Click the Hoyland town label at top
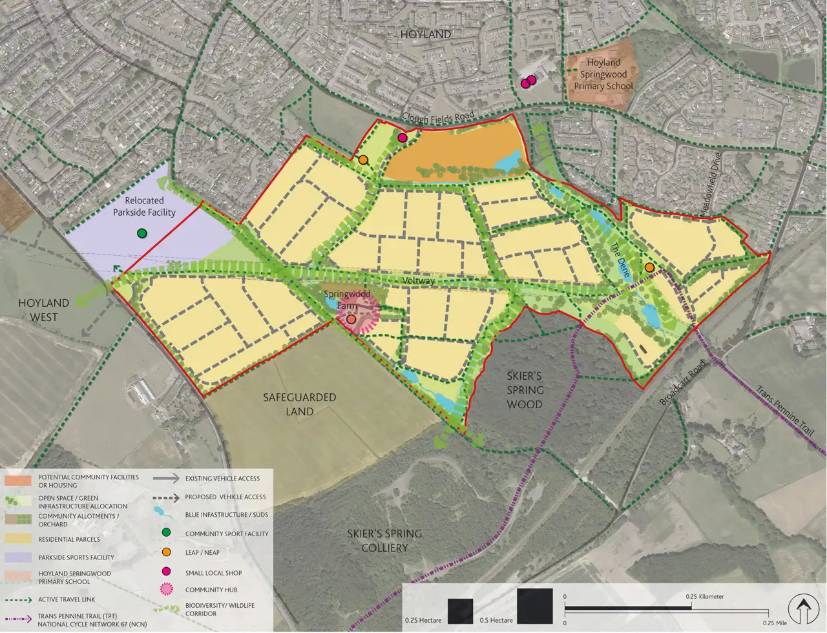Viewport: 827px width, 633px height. (x=425, y=34)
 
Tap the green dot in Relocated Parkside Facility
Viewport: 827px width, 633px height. (x=142, y=233)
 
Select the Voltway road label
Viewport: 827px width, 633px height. (x=418, y=281)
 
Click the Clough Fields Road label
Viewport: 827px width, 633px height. (x=438, y=117)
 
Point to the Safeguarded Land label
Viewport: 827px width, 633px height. (x=299, y=404)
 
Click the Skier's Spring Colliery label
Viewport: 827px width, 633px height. (x=384, y=541)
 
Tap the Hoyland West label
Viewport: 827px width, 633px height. (x=43, y=310)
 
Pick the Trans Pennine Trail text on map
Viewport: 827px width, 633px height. (x=785, y=411)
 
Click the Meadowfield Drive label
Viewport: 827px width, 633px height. (x=709, y=188)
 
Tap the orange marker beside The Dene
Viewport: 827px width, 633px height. (x=649, y=267)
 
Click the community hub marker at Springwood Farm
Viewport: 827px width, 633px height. (x=351, y=319)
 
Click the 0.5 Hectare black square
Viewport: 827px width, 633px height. (x=534, y=606)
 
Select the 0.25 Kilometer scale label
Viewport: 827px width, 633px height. (x=705, y=596)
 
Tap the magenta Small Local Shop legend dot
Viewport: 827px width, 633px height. (x=166, y=571)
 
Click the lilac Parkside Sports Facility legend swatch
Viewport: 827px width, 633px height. (x=17, y=557)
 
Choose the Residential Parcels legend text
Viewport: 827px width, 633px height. (x=68, y=539)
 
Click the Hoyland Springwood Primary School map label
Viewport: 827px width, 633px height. (x=603, y=74)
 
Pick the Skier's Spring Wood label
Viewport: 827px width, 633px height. (x=525, y=390)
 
